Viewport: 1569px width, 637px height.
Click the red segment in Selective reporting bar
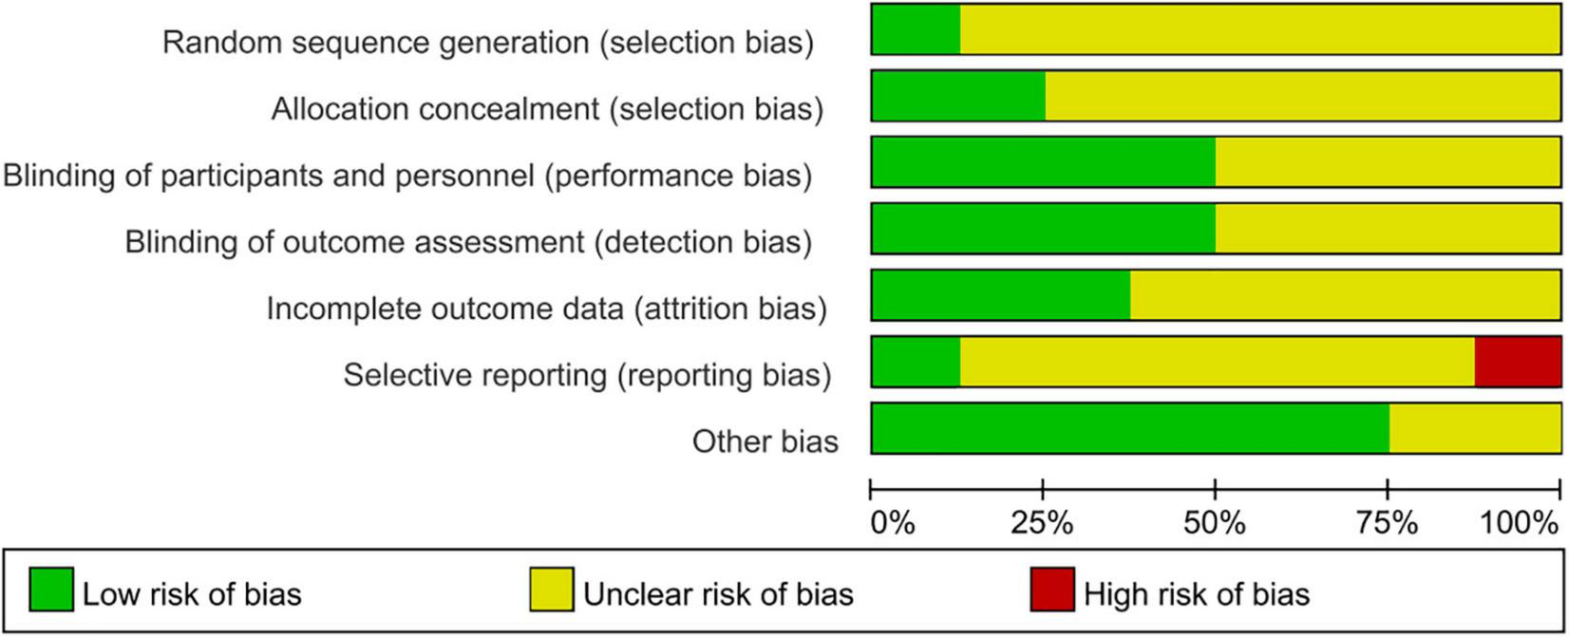[1518, 362]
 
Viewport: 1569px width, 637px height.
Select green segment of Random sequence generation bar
[916, 29]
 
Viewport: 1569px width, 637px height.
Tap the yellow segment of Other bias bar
[1474, 428]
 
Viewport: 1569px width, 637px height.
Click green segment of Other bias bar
[1130, 428]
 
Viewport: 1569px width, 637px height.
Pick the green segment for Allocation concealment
[958, 96]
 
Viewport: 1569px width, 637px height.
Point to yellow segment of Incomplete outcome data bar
[1345, 295]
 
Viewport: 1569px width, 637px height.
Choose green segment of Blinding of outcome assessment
[1043, 229]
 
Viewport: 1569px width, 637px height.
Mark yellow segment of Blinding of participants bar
[1388, 162]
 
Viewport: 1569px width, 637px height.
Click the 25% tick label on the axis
[1043, 523]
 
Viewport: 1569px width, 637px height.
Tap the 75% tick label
[1388, 523]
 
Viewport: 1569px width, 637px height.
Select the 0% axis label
[893, 523]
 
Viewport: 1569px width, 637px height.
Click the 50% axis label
[1215, 523]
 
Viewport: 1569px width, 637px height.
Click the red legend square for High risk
[1051, 590]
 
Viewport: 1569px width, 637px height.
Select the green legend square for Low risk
[50, 590]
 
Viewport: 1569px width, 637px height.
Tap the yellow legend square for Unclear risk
[551, 590]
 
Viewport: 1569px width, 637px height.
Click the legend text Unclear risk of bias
[718, 594]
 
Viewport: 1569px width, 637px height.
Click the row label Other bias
[765, 441]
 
